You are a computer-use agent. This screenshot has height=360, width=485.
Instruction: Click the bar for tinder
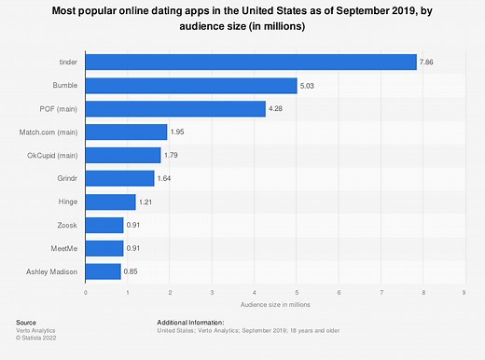(251, 62)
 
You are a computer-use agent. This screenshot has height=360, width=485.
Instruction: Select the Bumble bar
(191, 86)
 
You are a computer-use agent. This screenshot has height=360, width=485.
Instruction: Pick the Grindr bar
(120, 178)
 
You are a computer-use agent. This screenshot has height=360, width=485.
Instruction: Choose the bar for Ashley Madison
(104, 270)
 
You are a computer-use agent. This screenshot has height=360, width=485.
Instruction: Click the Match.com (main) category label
(52, 132)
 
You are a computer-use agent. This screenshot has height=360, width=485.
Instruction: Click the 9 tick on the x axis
(464, 293)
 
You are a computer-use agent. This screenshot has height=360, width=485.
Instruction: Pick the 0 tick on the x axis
(86, 293)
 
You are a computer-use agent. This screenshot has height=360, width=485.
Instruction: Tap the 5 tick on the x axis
(297, 293)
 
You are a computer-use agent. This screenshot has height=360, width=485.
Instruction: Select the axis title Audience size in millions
(275, 305)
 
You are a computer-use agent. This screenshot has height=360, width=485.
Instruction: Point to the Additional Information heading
(192, 322)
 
